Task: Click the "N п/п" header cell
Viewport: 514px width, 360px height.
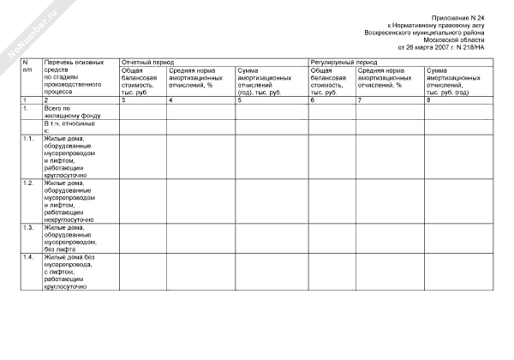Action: click(27, 66)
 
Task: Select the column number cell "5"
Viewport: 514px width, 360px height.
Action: click(239, 101)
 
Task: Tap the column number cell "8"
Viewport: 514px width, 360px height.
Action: click(428, 101)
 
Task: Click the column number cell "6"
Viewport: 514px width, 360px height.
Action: click(314, 101)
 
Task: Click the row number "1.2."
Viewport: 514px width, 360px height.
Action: click(28, 183)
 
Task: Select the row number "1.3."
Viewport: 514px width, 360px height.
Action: click(28, 227)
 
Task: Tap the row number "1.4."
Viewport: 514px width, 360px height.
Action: click(28, 257)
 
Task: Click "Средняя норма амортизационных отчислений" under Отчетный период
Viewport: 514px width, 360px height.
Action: click(200, 76)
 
